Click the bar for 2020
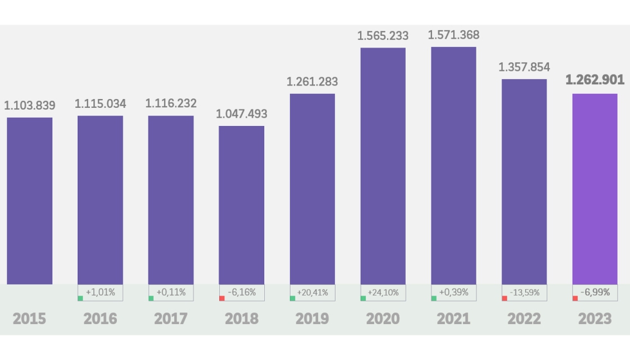point(382,166)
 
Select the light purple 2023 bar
point(595,189)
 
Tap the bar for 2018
point(241,204)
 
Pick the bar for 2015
point(30,201)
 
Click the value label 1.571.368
point(454,35)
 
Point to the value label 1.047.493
point(242,114)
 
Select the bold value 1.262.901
point(595,82)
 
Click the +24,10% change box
point(383,292)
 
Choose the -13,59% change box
point(525,292)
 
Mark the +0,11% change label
point(171,292)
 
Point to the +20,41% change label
point(312,292)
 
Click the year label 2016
point(100,318)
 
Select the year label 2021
point(454,318)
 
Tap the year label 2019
point(312,318)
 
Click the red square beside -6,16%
point(222,298)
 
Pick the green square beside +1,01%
point(80,298)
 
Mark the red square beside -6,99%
point(575,298)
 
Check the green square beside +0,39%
point(434,298)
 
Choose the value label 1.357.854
point(525,67)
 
